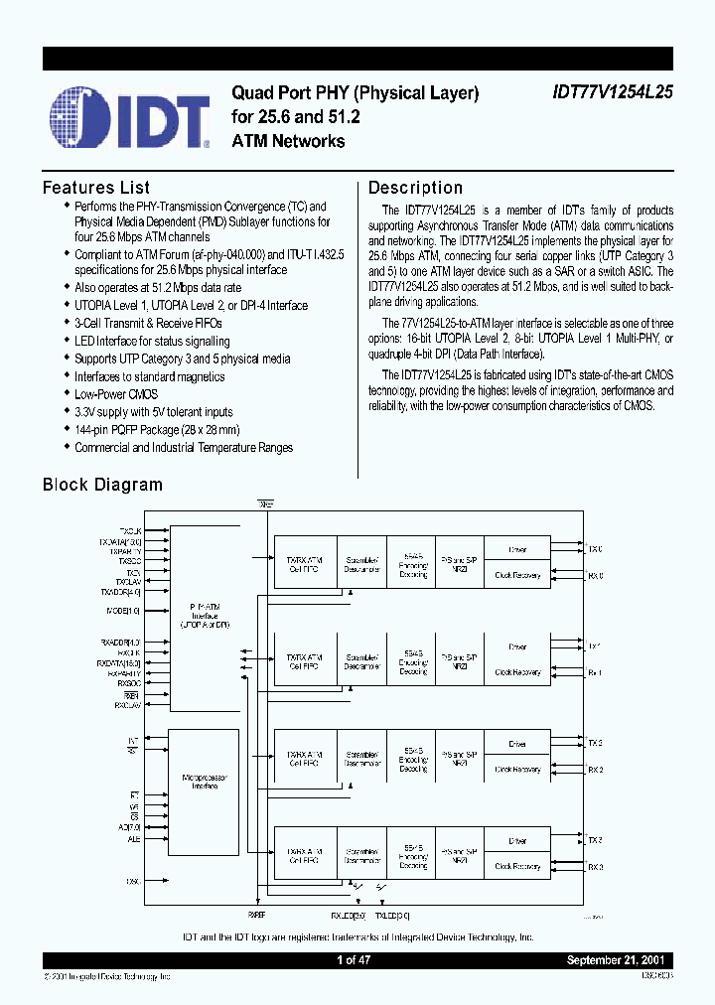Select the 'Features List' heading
coord(95,188)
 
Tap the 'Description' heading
coord(415,188)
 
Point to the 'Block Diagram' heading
coord(102,485)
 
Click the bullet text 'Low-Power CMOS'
coord(115,394)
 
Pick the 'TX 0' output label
coord(595,549)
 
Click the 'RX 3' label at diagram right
coord(595,867)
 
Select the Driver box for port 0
coord(517,549)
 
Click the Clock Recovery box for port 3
coord(517,866)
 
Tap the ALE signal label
coord(133,839)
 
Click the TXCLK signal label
coord(130,531)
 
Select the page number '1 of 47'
coord(354,960)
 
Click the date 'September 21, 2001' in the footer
coord(619,960)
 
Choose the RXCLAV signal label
coord(128,705)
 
